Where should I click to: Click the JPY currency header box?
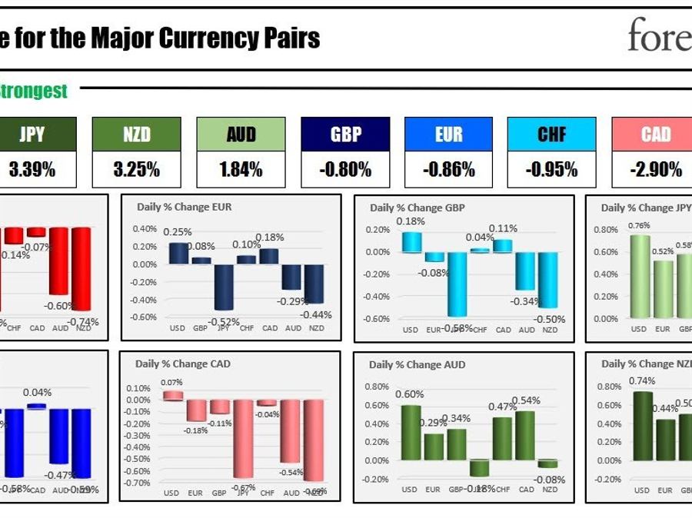[x=32, y=134]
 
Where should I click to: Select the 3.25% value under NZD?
[x=136, y=170]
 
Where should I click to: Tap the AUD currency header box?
[x=241, y=134]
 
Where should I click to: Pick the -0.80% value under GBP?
[x=345, y=170]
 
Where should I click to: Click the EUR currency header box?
[x=449, y=134]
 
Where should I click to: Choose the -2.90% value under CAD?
[x=656, y=170]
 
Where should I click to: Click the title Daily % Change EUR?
[x=184, y=207]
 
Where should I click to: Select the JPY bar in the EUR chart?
[x=224, y=287]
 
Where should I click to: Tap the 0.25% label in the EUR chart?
[x=178, y=232]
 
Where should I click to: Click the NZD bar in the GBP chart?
[x=548, y=280]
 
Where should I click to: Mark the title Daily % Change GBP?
[x=417, y=208]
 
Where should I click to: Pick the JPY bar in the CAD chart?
[x=244, y=438]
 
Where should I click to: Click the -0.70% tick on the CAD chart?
[x=138, y=483]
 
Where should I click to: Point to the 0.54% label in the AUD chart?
[x=526, y=400]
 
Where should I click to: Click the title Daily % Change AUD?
[x=417, y=364]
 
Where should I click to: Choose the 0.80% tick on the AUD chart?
[x=377, y=387]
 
